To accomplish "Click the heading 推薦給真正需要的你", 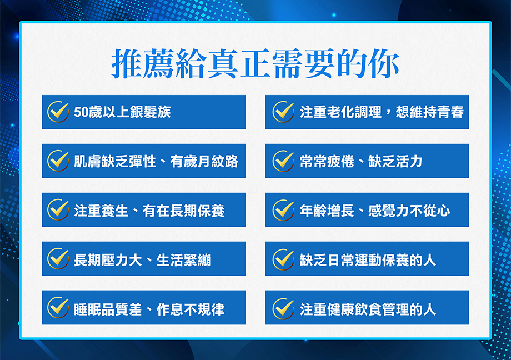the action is [x=255, y=63].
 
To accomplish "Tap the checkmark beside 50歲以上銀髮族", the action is [x=58, y=112].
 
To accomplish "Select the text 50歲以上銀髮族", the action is [x=122, y=112].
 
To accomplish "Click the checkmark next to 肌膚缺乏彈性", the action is [x=58, y=161].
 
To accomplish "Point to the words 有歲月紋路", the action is [x=204, y=162].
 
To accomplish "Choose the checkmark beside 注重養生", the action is [x=58, y=209].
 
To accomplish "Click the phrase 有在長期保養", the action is [x=183, y=211].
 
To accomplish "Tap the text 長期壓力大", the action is [x=108, y=260].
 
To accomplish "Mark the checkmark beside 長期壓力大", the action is [x=58, y=258].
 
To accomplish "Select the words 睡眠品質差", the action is [x=108, y=309].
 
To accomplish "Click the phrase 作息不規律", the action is [x=191, y=309].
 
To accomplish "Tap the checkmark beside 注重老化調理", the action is [x=283, y=112].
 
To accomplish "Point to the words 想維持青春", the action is [x=430, y=112].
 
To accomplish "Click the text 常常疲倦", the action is [x=327, y=162].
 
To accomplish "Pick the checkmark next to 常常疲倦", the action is [x=283, y=161].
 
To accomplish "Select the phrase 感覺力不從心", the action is [x=409, y=211].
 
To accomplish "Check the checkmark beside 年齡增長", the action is [x=283, y=210].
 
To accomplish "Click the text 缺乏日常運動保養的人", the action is [x=368, y=260].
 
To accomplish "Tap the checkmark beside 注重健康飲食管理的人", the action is [x=283, y=308].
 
